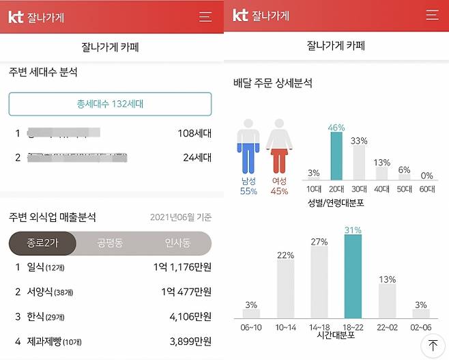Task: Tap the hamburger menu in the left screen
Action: click(205, 17)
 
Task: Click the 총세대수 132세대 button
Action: click(110, 105)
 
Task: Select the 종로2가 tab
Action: click(42, 243)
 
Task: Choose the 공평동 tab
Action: click(110, 243)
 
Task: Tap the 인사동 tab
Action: click(177, 243)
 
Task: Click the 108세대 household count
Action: click(194, 133)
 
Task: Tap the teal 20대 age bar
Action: click(336, 156)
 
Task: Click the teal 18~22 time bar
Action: click(353, 277)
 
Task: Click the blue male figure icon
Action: click(248, 148)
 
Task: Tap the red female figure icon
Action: click(278, 148)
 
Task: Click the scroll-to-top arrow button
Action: click(433, 346)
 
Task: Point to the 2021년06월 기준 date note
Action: click(181, 218)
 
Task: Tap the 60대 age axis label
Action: click(427, 189)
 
